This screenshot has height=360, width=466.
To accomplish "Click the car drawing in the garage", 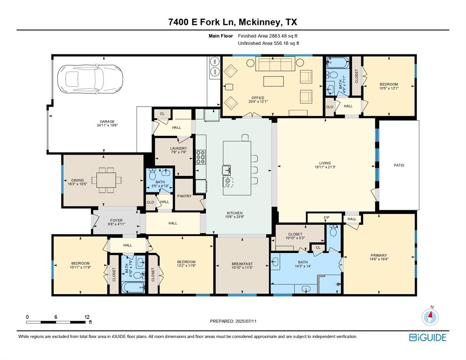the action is point(90,79).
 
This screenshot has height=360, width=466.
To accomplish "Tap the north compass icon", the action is point(430,317).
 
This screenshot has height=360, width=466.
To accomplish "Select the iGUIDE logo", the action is point(428,337).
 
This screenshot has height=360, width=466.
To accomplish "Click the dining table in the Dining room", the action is point(107,180).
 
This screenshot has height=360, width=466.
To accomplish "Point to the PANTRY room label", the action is point(184,196).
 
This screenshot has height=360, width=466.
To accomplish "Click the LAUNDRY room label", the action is point(179,148).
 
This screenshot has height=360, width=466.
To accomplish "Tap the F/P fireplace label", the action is point(327,218).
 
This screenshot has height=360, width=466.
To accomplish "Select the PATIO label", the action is point(399,165).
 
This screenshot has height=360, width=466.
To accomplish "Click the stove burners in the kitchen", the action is point(200,157).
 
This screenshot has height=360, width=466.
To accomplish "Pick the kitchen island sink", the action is point(226,170).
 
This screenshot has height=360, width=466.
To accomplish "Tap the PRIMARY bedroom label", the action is point(379,255).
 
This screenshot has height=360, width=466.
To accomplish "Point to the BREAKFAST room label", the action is point(242,264).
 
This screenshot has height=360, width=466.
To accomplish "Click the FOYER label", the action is point(116,221).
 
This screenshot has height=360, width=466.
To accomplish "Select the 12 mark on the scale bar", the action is point(87,317).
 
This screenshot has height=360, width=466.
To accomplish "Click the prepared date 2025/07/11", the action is point(246,322).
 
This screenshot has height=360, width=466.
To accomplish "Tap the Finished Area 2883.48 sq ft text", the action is point(268,36).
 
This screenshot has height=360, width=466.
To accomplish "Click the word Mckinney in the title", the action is point(260,23).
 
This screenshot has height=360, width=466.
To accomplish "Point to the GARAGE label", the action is point(107,122).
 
